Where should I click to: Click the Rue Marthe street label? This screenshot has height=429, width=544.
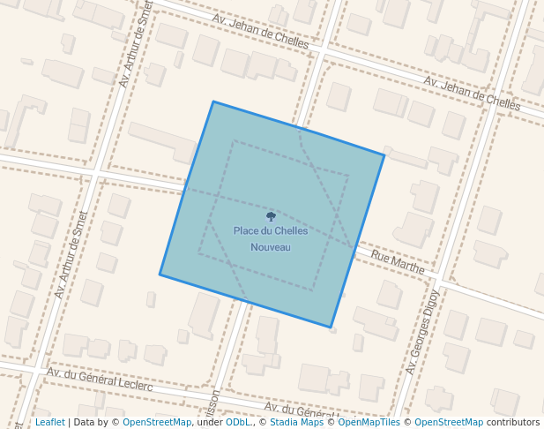pyautogui.click(x=398, y=261)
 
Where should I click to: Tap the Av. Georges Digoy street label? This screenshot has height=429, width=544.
pyautogui.click(x=422, y=332)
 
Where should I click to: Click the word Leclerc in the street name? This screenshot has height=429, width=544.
pyautogui.click(x=132, y=385)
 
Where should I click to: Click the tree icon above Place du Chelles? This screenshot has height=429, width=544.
pyautogui.click(x=271, y=216)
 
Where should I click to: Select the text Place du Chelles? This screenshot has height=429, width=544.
pyautogui.click(x=271, y=231)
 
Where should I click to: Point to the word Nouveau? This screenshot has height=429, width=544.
pyautogui.click(x=271, y=247)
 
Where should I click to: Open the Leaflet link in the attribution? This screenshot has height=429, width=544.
pyautogui.click(x=49, y=423)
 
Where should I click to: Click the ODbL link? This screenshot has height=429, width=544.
pyautogui.click(x=238, y=423)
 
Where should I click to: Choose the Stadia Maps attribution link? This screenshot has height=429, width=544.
pyautogui.click(x=296, y=423)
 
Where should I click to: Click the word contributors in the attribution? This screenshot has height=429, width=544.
pyautogui.click(x=513, y=423)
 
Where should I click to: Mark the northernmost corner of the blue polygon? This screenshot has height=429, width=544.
pyautogui.click(x=212, y=102)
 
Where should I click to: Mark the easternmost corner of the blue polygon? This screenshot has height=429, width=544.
pyautogui.click(x=384, y=155)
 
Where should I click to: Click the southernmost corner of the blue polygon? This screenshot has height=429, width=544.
pyautogui.click(x=332, y=328)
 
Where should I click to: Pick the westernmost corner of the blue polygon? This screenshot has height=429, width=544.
pyautogui.click(x=160, y=275)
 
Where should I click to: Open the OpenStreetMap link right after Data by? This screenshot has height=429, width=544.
pyautogui.click(x=157, y=423)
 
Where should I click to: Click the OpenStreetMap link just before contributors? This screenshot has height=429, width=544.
pyautogui.click(x=449, y=423)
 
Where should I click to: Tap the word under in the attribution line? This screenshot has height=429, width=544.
pyautogui.click(x=208, y=423)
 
